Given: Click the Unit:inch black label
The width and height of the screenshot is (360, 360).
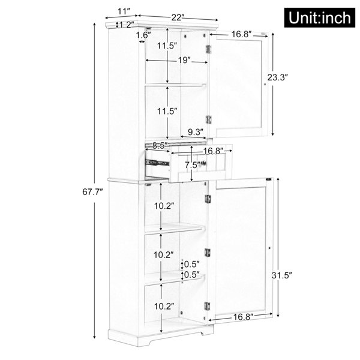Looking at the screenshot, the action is (x=320, y=17).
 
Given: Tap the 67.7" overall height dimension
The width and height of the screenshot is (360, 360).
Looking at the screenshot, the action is (x=92, y=192).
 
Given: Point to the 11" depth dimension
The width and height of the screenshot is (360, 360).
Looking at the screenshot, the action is (x=124, y=11).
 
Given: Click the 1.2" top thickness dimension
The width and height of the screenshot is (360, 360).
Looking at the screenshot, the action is (x=126, y=25).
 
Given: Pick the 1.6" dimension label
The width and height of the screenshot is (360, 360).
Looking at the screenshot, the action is (x=143, y=35).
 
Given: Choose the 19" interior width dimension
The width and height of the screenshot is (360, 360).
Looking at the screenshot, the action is (x=184, y=61).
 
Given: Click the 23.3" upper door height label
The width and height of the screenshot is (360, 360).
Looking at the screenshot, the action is (x=277, y=77).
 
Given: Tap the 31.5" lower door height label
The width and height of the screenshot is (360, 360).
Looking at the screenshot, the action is (x=281, y=275).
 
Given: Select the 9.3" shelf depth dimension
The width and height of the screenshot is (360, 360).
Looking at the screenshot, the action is (x=196, y=132).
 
